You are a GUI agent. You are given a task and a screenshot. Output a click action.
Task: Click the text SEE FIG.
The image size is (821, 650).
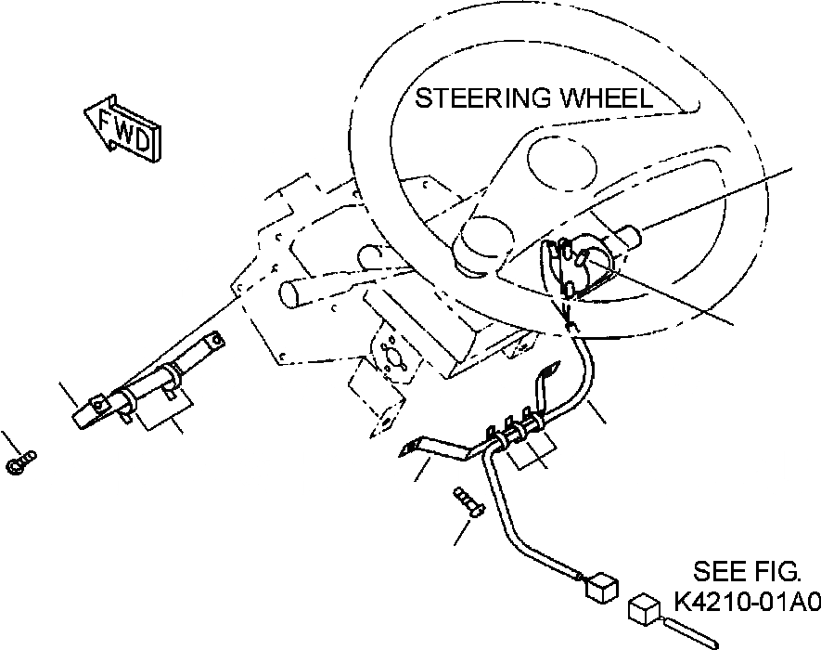pyautogui.click(x=757, y=571)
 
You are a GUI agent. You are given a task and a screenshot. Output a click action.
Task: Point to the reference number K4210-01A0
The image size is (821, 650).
pyautogui.click(x=746, y=602)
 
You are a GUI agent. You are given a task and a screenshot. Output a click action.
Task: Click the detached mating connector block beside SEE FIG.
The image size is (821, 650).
pyautogui.click(x=644, y=609)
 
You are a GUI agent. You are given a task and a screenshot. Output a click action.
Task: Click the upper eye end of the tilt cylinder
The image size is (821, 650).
pyautogui.click(x=212, y=343)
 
